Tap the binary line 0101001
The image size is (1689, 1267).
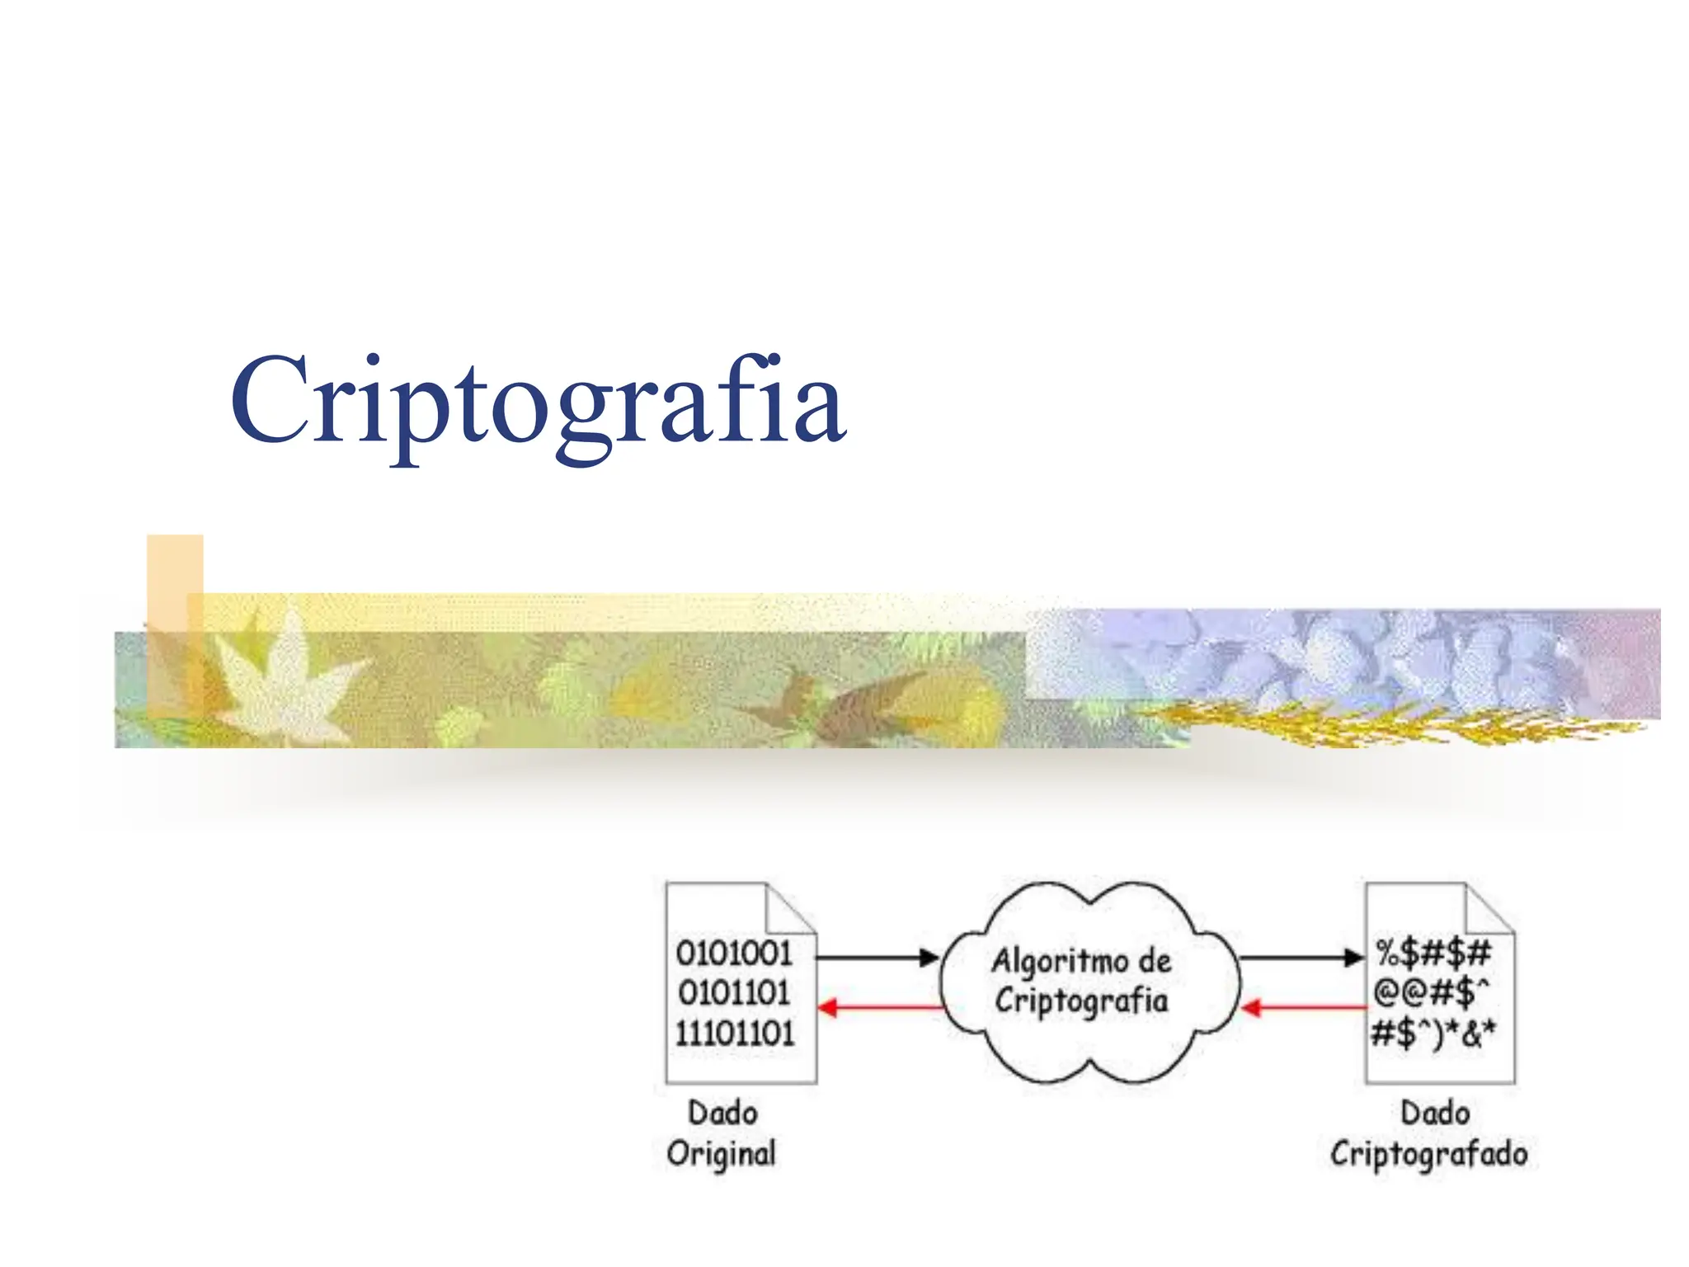(x=733, y=954)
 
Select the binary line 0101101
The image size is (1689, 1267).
(x=733, y=993)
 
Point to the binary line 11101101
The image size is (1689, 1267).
(x=734, y=1033)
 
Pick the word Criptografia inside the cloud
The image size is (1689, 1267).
(x=1081, y=1001)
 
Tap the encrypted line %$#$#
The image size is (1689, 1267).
(x=1433, y=954)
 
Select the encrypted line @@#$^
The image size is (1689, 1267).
(x=1431, y=993)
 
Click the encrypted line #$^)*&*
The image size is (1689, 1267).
(x=1433, y=1033)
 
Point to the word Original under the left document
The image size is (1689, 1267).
(x=722, y=1154)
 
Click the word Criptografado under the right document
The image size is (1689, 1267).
(x=1428, y=1154)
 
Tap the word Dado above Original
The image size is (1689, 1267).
(x=722, y=1114)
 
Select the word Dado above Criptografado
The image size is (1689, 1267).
(x=1435, y=1114)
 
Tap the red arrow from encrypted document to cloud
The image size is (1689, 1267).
(x=1303, y=1007)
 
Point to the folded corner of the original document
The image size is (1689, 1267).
(x=790, y=910)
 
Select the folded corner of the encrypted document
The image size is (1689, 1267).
(x=1488, y=910)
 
